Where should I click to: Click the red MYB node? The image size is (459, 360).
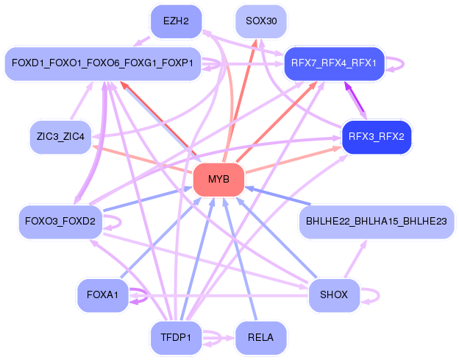[x=218, y=180]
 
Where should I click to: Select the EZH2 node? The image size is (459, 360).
[x=176, y=21]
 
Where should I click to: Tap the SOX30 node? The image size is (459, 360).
[x=261, y=21]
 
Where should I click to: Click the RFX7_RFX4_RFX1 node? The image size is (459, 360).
[x=334, y=63]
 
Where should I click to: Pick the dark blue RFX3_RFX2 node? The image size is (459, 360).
[x=377, y=137]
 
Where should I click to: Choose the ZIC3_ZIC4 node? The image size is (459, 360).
[x=60, y=137]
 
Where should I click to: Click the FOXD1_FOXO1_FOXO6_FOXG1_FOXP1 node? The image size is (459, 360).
[x=103, y=63]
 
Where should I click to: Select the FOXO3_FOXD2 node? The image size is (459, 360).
[x=60, y=222]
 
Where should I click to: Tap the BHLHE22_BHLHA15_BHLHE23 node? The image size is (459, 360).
[x=377, y=222]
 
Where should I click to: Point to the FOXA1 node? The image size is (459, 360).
[x=102, y=295]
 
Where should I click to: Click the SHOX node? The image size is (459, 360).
[x=334, y=295]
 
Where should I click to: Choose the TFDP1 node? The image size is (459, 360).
[x=176, y=338]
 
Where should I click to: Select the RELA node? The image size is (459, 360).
[x=261, y=338]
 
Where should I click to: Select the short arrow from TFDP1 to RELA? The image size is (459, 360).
[x=218, y=339]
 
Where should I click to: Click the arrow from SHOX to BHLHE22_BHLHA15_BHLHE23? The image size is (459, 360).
[x=356, y=258]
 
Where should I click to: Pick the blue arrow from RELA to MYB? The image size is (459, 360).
[x=240, y=258]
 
